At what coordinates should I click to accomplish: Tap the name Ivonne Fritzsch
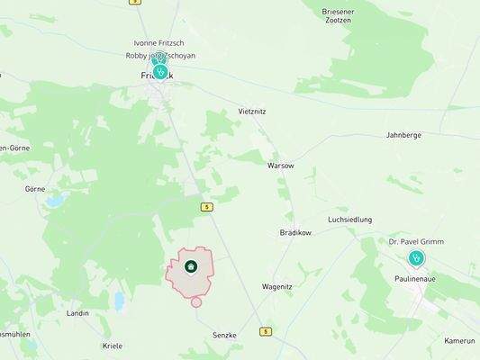[x=158, y=43]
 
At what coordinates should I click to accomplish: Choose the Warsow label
[x=280, y=166]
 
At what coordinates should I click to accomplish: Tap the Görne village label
[x=35, y=189]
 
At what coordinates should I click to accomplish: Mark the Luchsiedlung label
[x=349, y=220]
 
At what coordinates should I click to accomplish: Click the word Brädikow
[x=294, y=232]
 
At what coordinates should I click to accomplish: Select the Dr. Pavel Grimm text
[x=416, y=242]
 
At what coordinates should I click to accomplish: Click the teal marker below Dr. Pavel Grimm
[x=416, y=258]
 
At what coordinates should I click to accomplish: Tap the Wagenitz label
[x=276, y=286]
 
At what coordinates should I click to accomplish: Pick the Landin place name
[x=77, y=313]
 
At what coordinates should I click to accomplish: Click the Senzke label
[x=224, y=335]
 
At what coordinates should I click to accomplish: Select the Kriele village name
[x=113, y=346]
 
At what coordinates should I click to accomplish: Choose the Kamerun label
[x=459, y=341]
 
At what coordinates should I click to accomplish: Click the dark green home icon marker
[x=191, y=266]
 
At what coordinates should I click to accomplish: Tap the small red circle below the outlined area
[x=196, y=301]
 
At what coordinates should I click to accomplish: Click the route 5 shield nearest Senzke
[x=266, y=331]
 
